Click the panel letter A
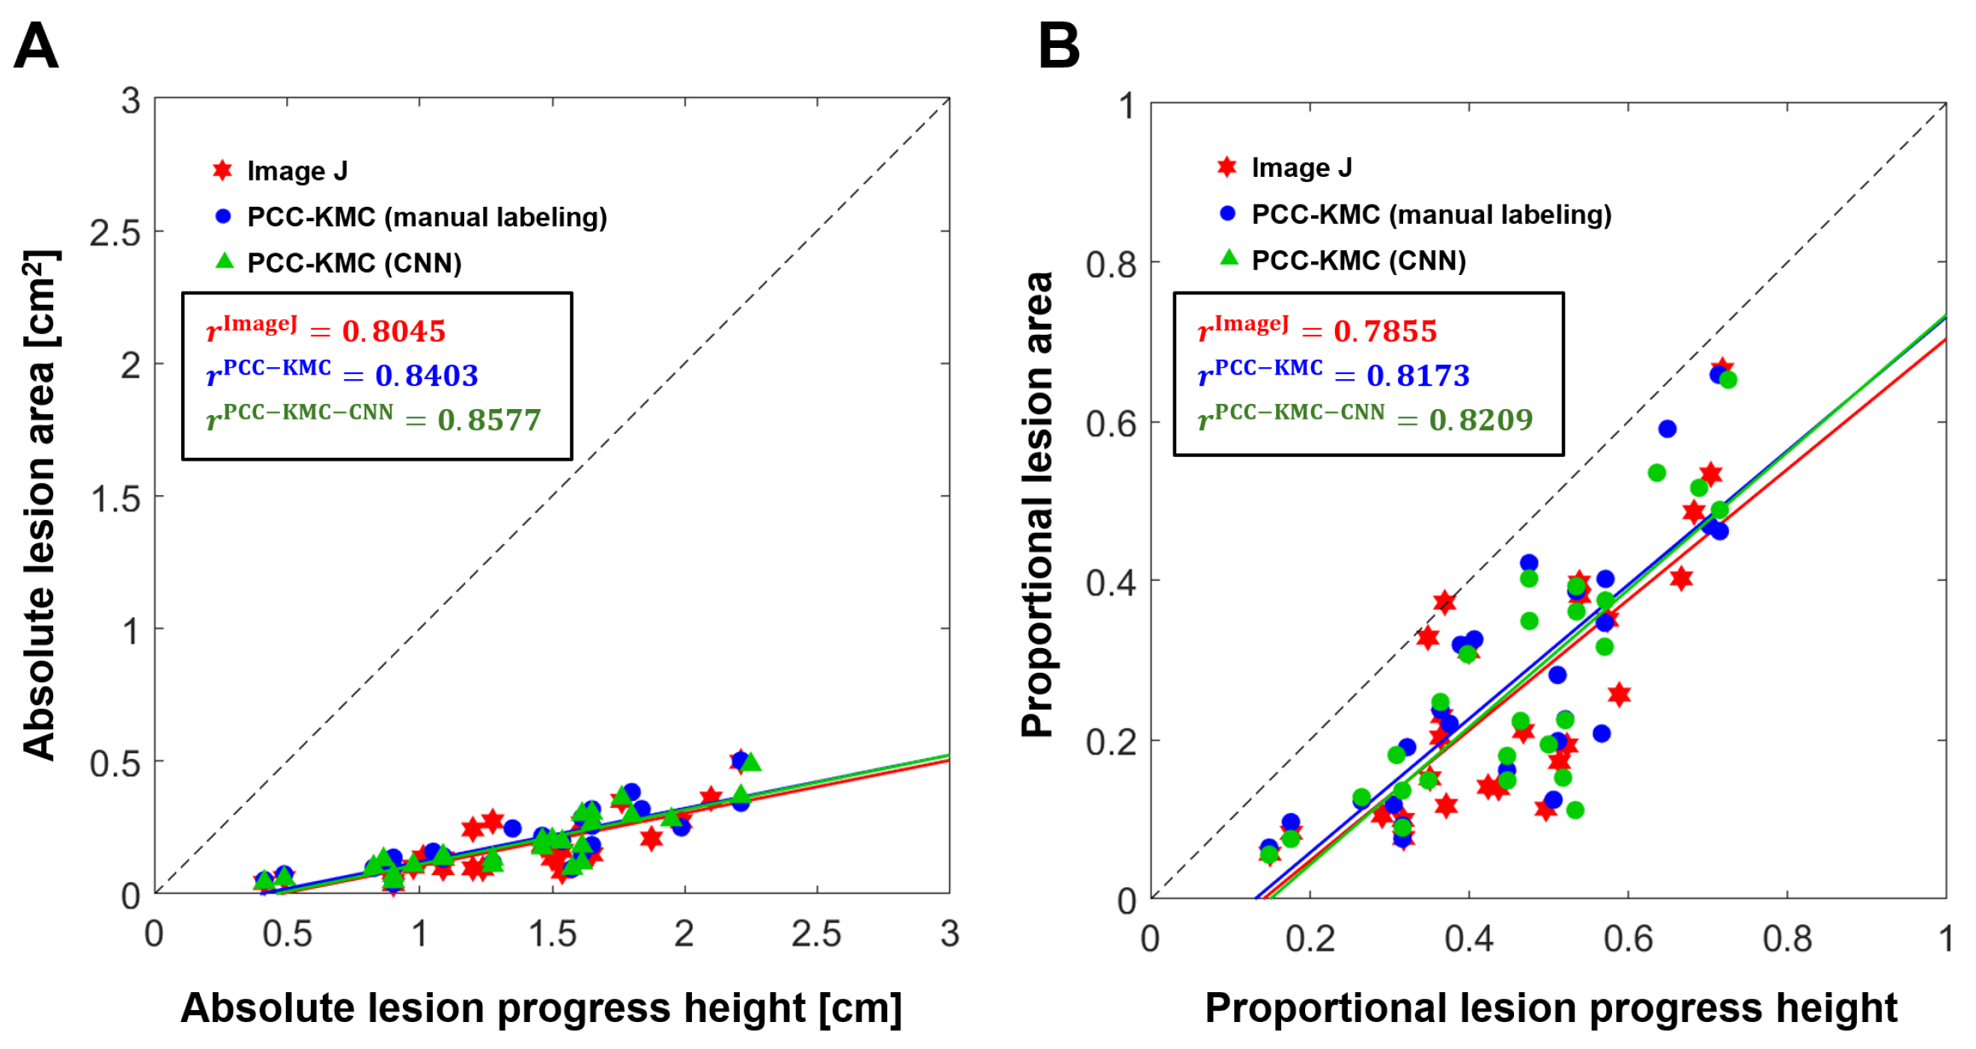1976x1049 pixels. (35, 46)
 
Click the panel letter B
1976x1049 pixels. (1059, 46)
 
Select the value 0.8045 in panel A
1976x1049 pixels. (394, 331)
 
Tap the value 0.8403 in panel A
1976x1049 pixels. (427, 375)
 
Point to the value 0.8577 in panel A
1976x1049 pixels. (490, 420)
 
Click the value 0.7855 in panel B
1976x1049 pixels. (1385, 331)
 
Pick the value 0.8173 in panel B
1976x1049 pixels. (1418, 375)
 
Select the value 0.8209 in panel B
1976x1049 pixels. (1481, 420)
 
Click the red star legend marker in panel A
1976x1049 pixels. (222, 170)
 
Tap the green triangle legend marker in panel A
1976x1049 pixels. (224, 261)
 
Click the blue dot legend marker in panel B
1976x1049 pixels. (1227, 214)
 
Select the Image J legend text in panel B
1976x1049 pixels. (1302, 167)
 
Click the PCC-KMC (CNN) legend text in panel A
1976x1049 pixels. (354, 263)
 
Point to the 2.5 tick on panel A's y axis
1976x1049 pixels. (115, 232)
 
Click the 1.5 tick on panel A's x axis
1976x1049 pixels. (553, 934)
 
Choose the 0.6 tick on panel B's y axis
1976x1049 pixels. (1110, 423)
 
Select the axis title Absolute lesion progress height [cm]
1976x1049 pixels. (541, 1008)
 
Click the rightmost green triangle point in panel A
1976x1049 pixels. (750, 762)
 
